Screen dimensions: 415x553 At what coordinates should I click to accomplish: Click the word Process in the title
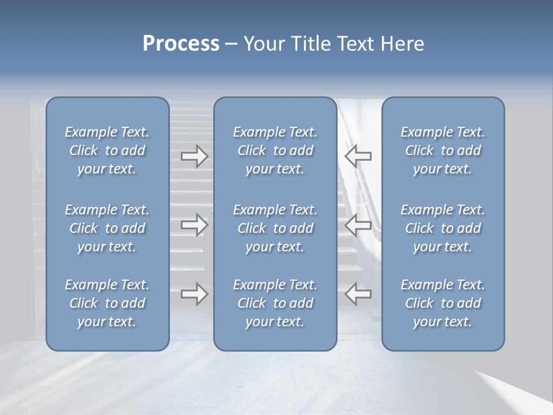point(181,44)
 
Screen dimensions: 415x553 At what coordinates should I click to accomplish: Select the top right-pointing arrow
point(194,156)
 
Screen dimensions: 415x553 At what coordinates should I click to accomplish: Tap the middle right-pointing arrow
point(194,225)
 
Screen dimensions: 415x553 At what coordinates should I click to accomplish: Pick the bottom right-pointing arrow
point(194,294)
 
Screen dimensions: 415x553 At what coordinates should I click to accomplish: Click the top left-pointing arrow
point(358,156)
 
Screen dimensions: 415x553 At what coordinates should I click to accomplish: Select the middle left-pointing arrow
point(358,225)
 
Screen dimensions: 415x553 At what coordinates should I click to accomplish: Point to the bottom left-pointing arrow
point(358,294)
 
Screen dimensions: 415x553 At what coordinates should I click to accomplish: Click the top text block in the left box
point(107,150)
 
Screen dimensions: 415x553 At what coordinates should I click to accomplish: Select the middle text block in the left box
point(107,228)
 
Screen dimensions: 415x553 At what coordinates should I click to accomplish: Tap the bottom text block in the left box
point(107,303)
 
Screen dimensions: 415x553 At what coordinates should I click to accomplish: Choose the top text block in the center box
point(275,150)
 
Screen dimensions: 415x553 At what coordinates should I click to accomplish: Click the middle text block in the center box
point(275,228)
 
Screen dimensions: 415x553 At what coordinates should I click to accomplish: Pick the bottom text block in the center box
point(275,303)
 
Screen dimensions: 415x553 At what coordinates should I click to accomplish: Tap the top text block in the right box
point(442,150)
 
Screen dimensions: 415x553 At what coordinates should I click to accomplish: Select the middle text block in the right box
point(442,228)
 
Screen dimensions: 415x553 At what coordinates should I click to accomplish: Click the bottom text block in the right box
point(442,303)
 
